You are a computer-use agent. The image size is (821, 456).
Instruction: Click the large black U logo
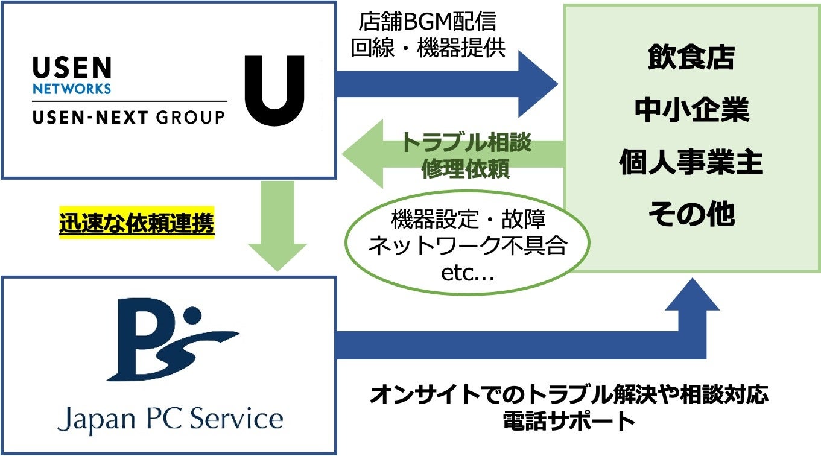274,90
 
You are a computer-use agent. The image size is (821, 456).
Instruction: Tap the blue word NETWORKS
72,89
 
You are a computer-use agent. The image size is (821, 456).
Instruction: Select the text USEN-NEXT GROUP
128,117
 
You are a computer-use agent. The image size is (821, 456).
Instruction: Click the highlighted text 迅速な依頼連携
137,224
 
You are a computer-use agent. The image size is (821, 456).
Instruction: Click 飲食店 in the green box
691,59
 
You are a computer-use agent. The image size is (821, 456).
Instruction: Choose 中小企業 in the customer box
691,111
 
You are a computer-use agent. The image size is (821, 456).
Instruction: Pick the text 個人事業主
691,163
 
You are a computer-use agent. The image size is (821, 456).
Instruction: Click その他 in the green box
691,215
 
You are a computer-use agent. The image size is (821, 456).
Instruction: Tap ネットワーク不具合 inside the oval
467,247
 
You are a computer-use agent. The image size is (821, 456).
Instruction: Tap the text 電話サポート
569,421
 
